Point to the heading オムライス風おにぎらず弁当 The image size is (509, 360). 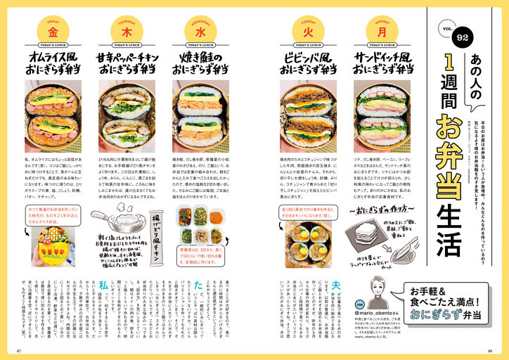[52, 63]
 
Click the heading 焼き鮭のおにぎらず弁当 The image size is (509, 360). [200, 63]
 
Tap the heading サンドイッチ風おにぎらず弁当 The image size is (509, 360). [381, 63]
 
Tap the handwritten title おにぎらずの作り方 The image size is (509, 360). [380, 210]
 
